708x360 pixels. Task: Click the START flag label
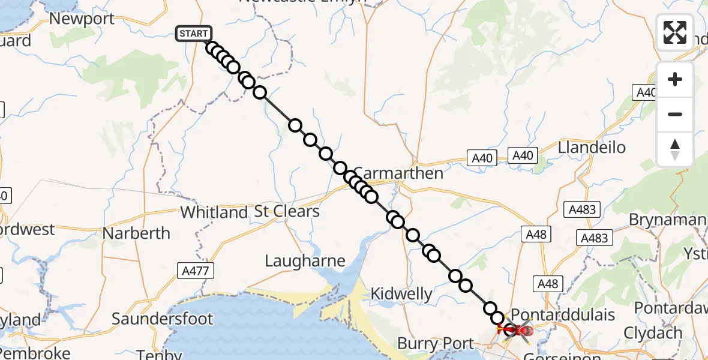click(x=193, y=34)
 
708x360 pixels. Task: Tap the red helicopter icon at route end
click(x=520, y=330)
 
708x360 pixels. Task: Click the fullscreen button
click(x=675, y=32)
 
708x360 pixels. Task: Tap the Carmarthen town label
click(x=397, y=173)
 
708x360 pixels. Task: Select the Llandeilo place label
click(x=592, y=148)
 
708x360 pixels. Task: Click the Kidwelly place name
click(x=402, y=294)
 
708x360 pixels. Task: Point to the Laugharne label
click(x=305, y=261)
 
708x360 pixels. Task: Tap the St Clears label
click(x=287, y=212)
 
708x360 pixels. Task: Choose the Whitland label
click(x=214, y=212)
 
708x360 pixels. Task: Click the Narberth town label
click(x=137, y=233)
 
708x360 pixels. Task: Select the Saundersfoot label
click(x=163, y=319)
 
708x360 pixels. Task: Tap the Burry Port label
click(x=436, y=344)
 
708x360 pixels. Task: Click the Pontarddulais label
click(x=563, y=315)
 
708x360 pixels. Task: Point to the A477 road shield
click(x=196, y=271)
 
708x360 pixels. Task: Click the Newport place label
click(x=82, y=19)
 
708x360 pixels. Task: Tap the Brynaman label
click(x=667, y=220)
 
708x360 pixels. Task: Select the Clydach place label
click(x=653, y=333)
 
